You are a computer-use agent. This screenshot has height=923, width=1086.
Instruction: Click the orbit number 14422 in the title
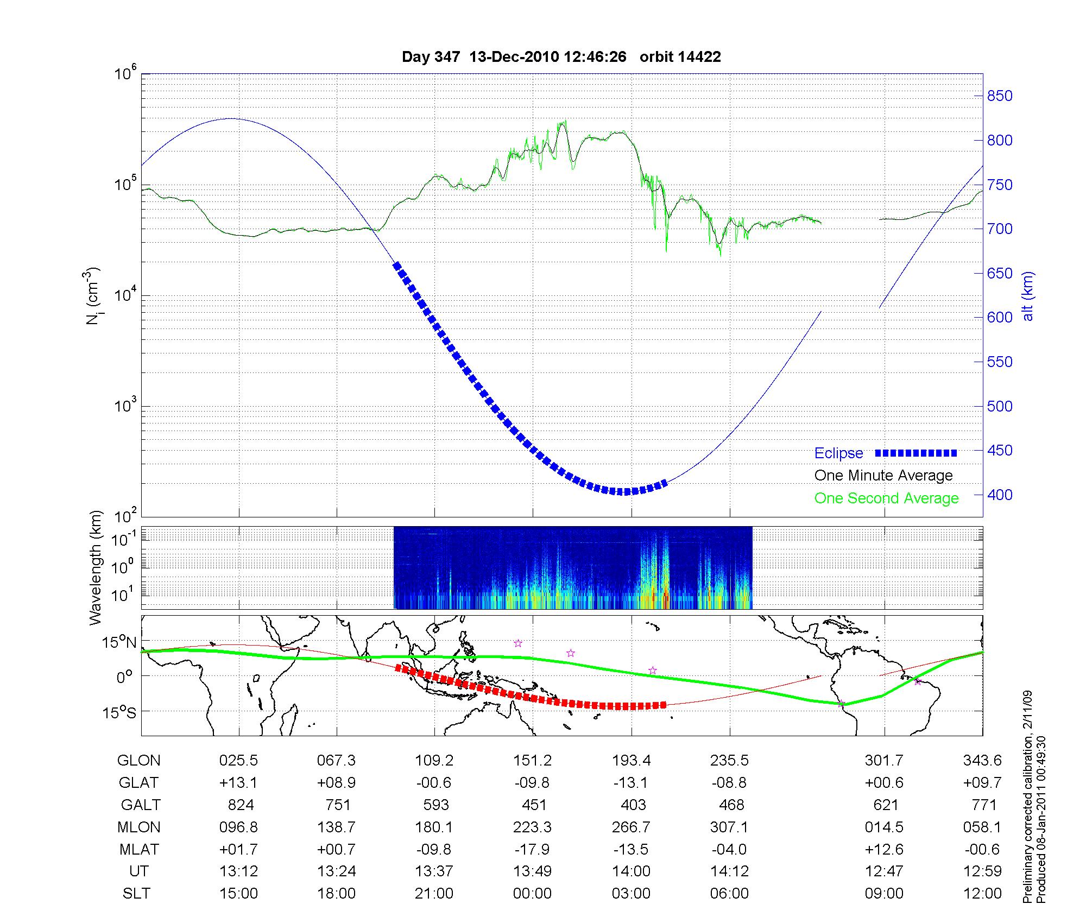coord(700,57)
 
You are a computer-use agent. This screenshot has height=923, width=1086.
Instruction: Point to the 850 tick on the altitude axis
coord(1000,96)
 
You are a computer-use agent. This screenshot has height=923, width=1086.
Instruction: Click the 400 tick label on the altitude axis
coord(1000,495)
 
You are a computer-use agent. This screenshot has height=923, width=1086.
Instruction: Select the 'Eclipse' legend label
coord(838,453)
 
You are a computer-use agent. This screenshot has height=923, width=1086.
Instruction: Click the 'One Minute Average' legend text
coord(883,476)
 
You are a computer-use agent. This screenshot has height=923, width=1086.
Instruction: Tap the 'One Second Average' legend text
coord(886,498)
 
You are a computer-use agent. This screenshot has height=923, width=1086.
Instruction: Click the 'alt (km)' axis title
coord(1028,296)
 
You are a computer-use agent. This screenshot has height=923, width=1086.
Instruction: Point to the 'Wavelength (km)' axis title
coord(96,567)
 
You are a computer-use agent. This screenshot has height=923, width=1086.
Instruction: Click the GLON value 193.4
coord(631,761)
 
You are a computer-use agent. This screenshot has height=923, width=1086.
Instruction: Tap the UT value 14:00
coord(631,871)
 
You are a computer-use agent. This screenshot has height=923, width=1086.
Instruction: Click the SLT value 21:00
coord(434,894)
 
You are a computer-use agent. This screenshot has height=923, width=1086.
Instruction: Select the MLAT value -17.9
coord(532,849)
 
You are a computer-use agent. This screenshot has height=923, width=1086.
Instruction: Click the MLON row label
coord(138,827)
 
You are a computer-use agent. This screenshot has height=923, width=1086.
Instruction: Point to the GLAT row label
coord(138,783)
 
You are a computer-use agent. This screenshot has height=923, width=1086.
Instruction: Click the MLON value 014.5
coord(884,827)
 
